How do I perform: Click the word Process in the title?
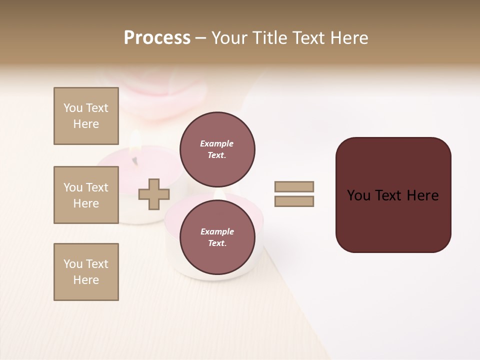(x=157, y=38)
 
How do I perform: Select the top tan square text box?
(x=86, y=116)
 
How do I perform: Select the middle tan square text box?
(x=86, y=195)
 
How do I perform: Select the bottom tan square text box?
(x=86, y=272)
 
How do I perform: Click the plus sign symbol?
(x=153, y=194)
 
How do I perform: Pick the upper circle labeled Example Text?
(x=217, y=149)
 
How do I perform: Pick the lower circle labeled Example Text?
(x=217, y=237)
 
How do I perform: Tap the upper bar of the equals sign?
(x=294, y=187)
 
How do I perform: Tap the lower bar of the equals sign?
(x=294, y=201)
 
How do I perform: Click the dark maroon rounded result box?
(x=393, y=220)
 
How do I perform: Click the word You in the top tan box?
(x=73, y=108)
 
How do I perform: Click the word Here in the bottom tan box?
(x=86, y=280)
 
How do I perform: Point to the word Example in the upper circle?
(x=217, y=144)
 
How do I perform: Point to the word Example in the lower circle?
(x=217, y=232)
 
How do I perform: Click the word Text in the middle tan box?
(x=97, y=187)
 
